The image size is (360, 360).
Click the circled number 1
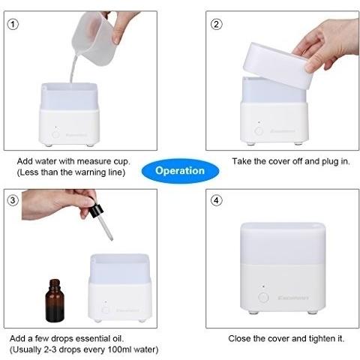(13, 25)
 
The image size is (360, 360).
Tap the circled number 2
(216, 25)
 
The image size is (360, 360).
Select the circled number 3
(13, 200)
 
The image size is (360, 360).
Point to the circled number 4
(216, 200)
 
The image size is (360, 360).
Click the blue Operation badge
(180, 171)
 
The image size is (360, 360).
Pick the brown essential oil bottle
(55, 301)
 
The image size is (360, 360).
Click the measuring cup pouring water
(94, 39)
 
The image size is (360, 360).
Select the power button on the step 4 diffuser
(263, 298)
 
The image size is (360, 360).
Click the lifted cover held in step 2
(278, 65)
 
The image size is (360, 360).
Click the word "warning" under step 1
(90, 172)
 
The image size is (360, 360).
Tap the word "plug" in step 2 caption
(330, 161)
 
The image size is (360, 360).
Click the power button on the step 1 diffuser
(55, 134)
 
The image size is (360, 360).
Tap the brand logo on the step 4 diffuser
(293, 298)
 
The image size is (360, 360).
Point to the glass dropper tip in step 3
(111, 239)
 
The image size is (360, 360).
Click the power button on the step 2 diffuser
(259, 130)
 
